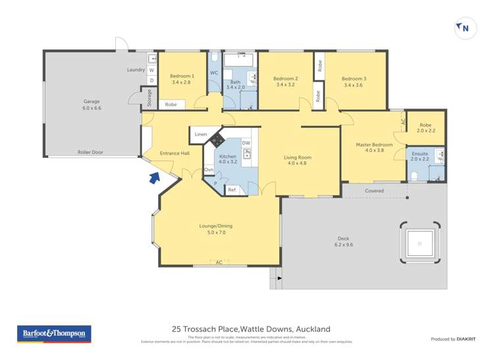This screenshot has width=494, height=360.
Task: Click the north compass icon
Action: coord(464,28)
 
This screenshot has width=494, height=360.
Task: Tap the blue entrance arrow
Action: coord(154,177)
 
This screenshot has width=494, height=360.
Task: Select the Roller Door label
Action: coord(90,152)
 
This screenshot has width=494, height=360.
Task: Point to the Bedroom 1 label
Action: coord(181,79)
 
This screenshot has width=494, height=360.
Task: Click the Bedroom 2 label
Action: coord(285,82)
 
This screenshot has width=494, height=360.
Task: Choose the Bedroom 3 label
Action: coord(354,82)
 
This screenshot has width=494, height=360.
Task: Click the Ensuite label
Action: coord(420,156)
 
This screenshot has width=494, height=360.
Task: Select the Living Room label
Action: coord(298,159)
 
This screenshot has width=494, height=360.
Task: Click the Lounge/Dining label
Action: coord(216,229)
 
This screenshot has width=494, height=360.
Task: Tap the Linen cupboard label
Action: coord(200,135)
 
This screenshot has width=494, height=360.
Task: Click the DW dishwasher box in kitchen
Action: coord(246,143)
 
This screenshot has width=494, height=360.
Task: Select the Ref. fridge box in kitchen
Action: coord(232,190)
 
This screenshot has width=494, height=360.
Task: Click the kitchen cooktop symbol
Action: coord(217,139)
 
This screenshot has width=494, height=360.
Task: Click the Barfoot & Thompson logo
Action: coord(53,334)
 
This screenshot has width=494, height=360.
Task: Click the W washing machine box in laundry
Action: coord(151,70)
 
